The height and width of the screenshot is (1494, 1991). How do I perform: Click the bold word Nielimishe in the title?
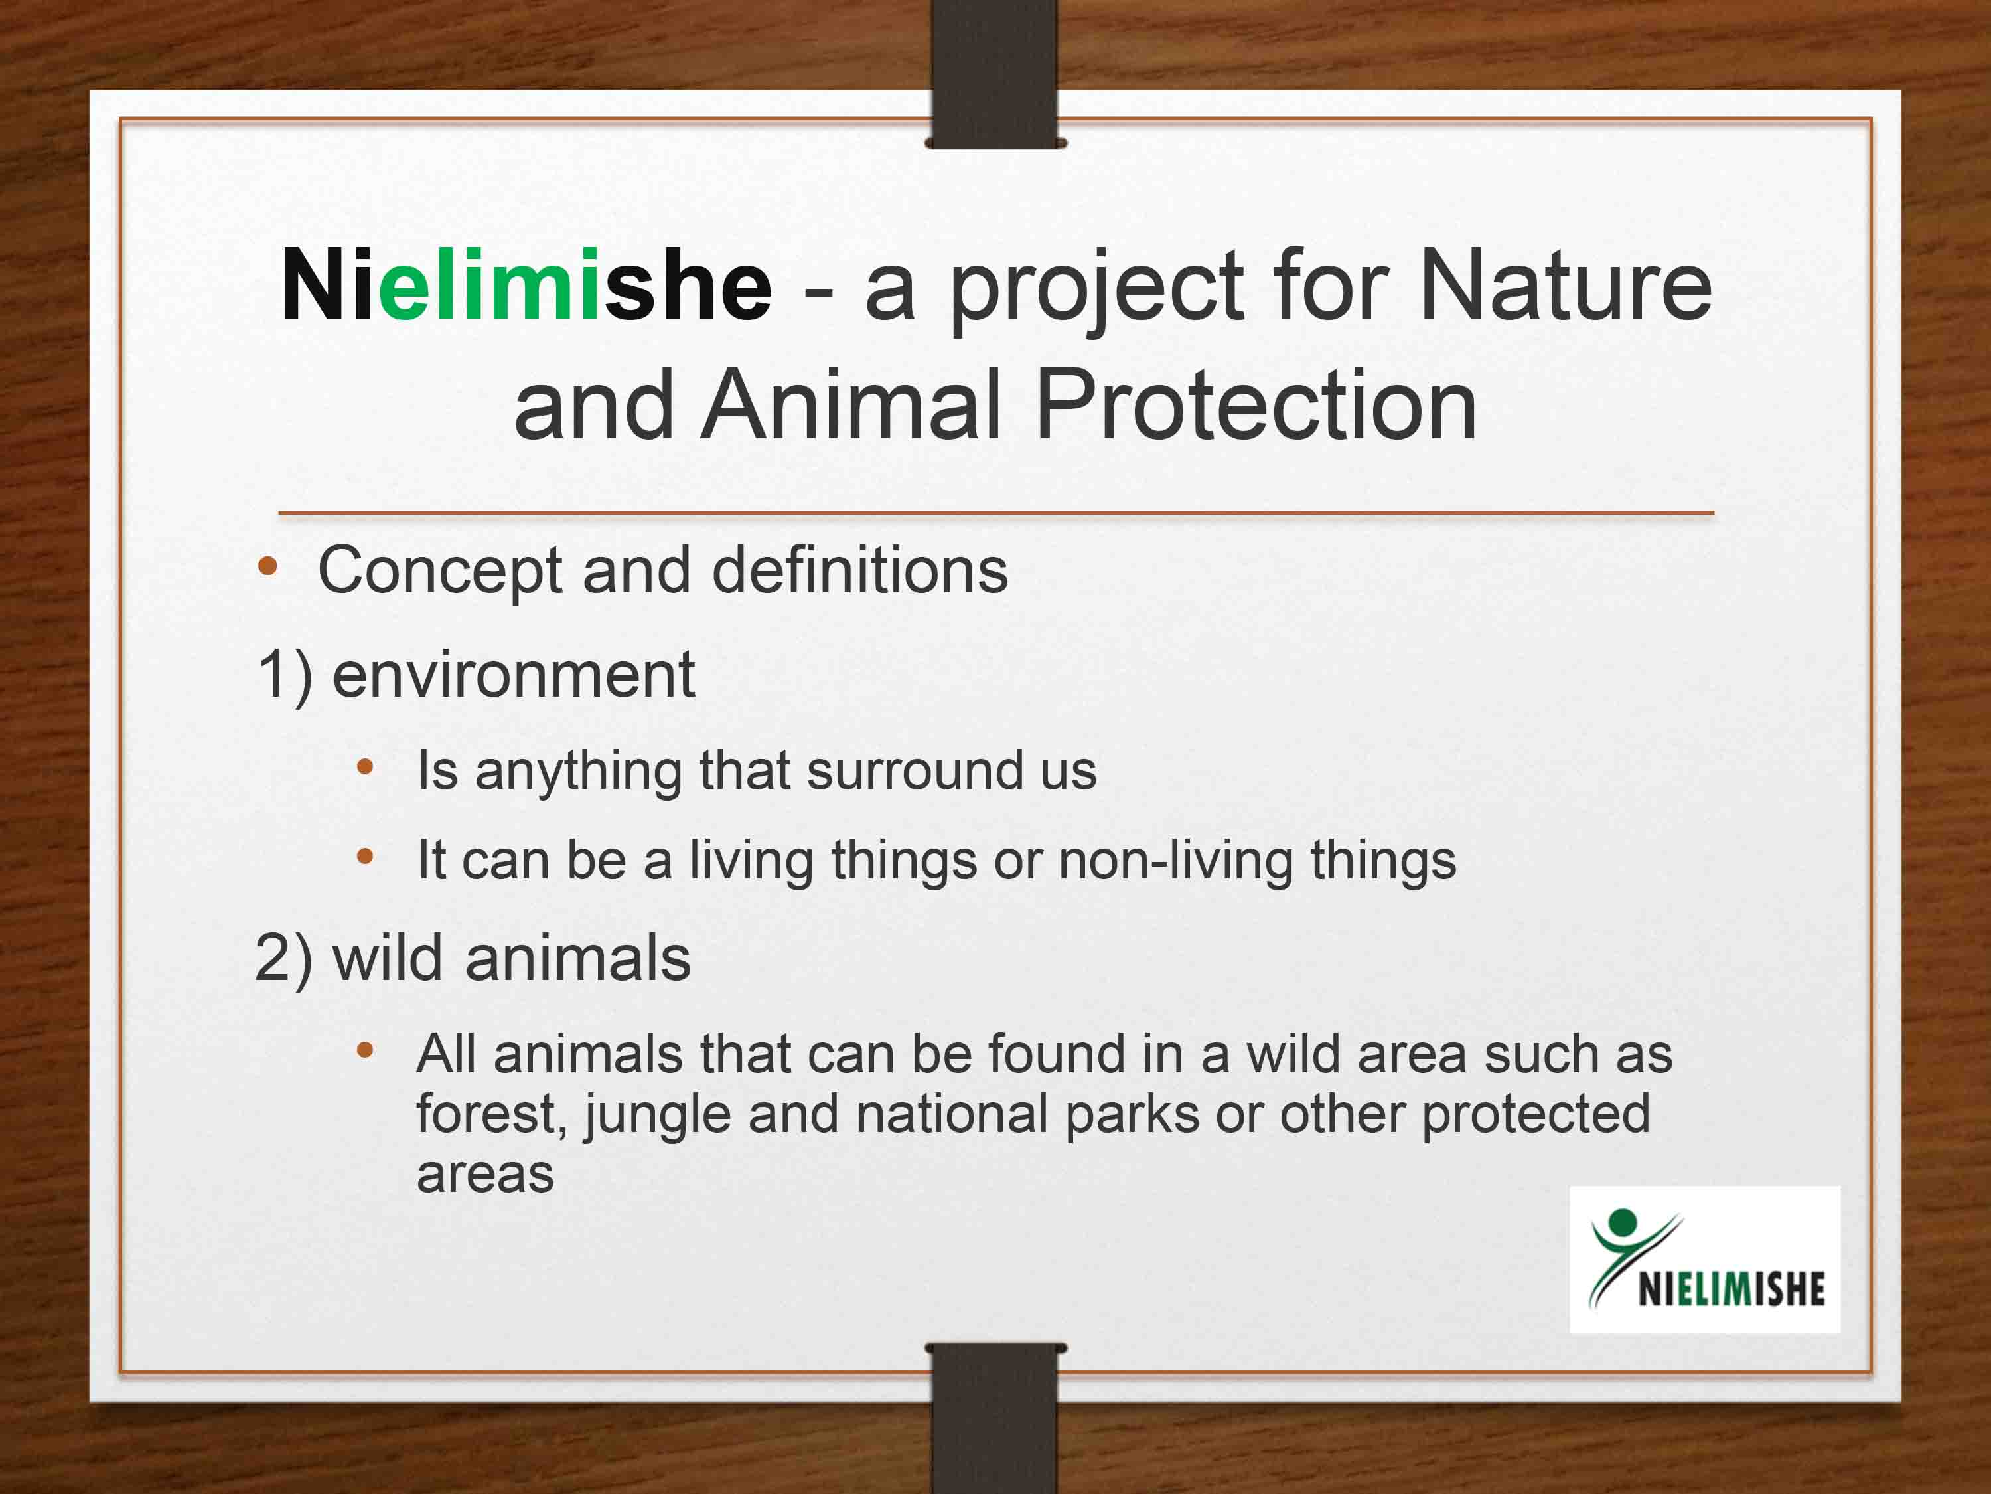(526, 286)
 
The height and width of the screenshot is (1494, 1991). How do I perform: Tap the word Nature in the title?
(1565, 286)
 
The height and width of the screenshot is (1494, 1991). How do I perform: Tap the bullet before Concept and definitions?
(267, 566)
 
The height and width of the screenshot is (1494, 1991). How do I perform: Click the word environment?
(514, 675)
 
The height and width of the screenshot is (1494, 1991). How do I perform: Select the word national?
(952, 1115)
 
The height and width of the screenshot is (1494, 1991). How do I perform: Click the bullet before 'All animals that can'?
(364, 1050)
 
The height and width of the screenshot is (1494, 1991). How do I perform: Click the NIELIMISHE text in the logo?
(1731, 1289)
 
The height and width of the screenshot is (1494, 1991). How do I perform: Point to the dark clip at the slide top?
(995, 74)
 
